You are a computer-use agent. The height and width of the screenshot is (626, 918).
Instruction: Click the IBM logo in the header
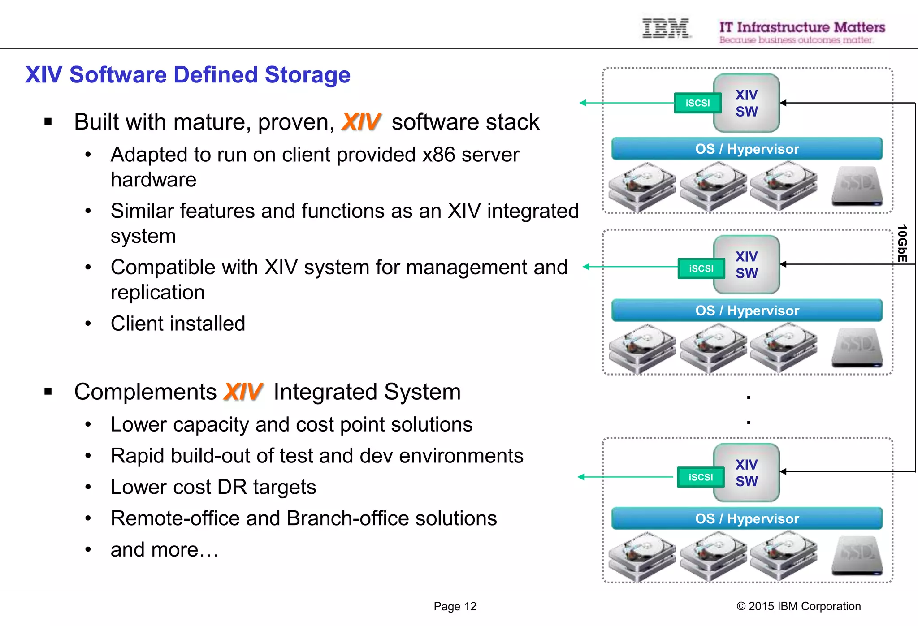click(666, 28)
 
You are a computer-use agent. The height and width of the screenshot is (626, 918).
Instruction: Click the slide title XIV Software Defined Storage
click(188, 75)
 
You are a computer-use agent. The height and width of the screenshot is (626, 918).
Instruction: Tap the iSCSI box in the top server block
click(697, 103)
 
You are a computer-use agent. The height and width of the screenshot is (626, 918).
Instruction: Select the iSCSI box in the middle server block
click(701, 268)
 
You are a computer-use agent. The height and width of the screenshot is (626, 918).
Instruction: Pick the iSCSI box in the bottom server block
click(701, 477)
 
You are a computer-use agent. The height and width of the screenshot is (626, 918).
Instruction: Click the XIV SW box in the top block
click(746, 103)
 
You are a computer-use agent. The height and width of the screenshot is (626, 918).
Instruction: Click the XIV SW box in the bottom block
click(746, 473)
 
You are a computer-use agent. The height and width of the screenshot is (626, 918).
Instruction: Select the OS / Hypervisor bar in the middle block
click(747, 311)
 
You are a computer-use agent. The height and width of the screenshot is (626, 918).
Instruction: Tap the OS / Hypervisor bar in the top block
click(747, 149)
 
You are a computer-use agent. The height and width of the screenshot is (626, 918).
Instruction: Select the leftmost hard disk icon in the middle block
click(641, 348)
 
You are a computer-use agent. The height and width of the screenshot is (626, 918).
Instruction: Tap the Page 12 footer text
click(455, 606)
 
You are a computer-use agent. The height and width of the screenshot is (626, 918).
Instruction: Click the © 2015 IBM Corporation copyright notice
click(798, 606)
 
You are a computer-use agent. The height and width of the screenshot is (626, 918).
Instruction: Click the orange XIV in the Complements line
click(243, 392)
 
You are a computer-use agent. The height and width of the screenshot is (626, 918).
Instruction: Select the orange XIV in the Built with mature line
click(361, 122)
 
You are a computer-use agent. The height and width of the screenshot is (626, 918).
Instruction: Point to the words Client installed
click(178, 324)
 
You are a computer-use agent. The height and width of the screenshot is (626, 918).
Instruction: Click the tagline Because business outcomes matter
click(796, 40)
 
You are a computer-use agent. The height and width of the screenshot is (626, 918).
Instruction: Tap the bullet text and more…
click(165, 550)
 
